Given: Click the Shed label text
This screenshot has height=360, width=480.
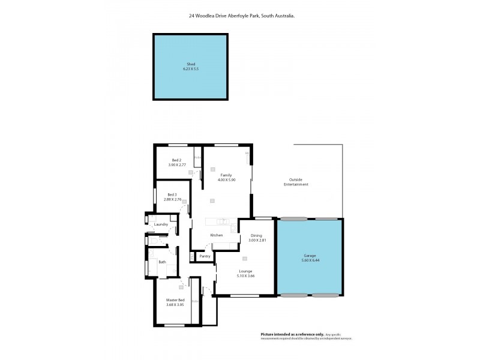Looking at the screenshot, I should pyautogui.click(x=190, y=64).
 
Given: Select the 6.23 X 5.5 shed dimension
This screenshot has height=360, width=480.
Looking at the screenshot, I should pyautogui.click(x=190, y=69).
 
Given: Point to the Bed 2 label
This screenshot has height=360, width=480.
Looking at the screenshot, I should pyautogui.click(x=176, y=160).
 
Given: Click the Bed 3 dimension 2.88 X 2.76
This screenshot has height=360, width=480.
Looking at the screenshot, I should pyautogui.click(x=175, y=199).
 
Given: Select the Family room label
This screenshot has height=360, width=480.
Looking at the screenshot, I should pyautogui.click(x=226, y=175).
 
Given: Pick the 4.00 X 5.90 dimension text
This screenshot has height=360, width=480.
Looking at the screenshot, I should pyautogui.click(x=226, y=179).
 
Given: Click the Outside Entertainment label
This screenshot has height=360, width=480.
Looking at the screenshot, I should pyautogui.click(x=296, y=182).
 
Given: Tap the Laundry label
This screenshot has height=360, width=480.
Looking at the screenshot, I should pyautogui.click(x=161, y=224).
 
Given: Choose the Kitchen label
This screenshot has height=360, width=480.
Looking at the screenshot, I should pyautogui.click(x=216, y=235).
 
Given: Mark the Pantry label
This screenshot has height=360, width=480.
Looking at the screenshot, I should pyautogui.click(x=205, y=256).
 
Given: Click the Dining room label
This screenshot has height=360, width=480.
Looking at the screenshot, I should pyautogui.click(x=256, y=235).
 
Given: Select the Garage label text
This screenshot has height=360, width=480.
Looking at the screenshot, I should pyautogui.click(x=309, y=256).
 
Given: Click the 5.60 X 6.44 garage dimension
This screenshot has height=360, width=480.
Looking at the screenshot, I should pyautogui.click(x=309, y=260).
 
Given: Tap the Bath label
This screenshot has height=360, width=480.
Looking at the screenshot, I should pyautogui.click(x=162, y=262).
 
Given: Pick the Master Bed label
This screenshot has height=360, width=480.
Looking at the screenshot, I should pyautogui.click(x=175, y=299).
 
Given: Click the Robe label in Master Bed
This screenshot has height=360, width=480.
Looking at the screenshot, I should pyautogui.click(x=195, y=301).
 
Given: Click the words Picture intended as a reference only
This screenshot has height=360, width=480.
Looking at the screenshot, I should pyautogui.click(x=292, y=334).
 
